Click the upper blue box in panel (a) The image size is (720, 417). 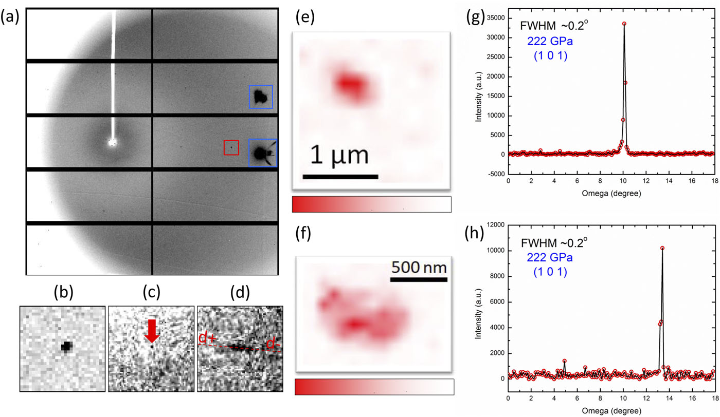[261, 97]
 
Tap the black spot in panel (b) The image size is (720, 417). [66, 347]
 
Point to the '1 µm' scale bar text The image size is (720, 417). [340, 155]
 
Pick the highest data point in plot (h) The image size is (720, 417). [662, 248]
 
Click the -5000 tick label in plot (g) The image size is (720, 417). [494, 174]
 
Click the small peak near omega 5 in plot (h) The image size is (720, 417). [564, 361]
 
